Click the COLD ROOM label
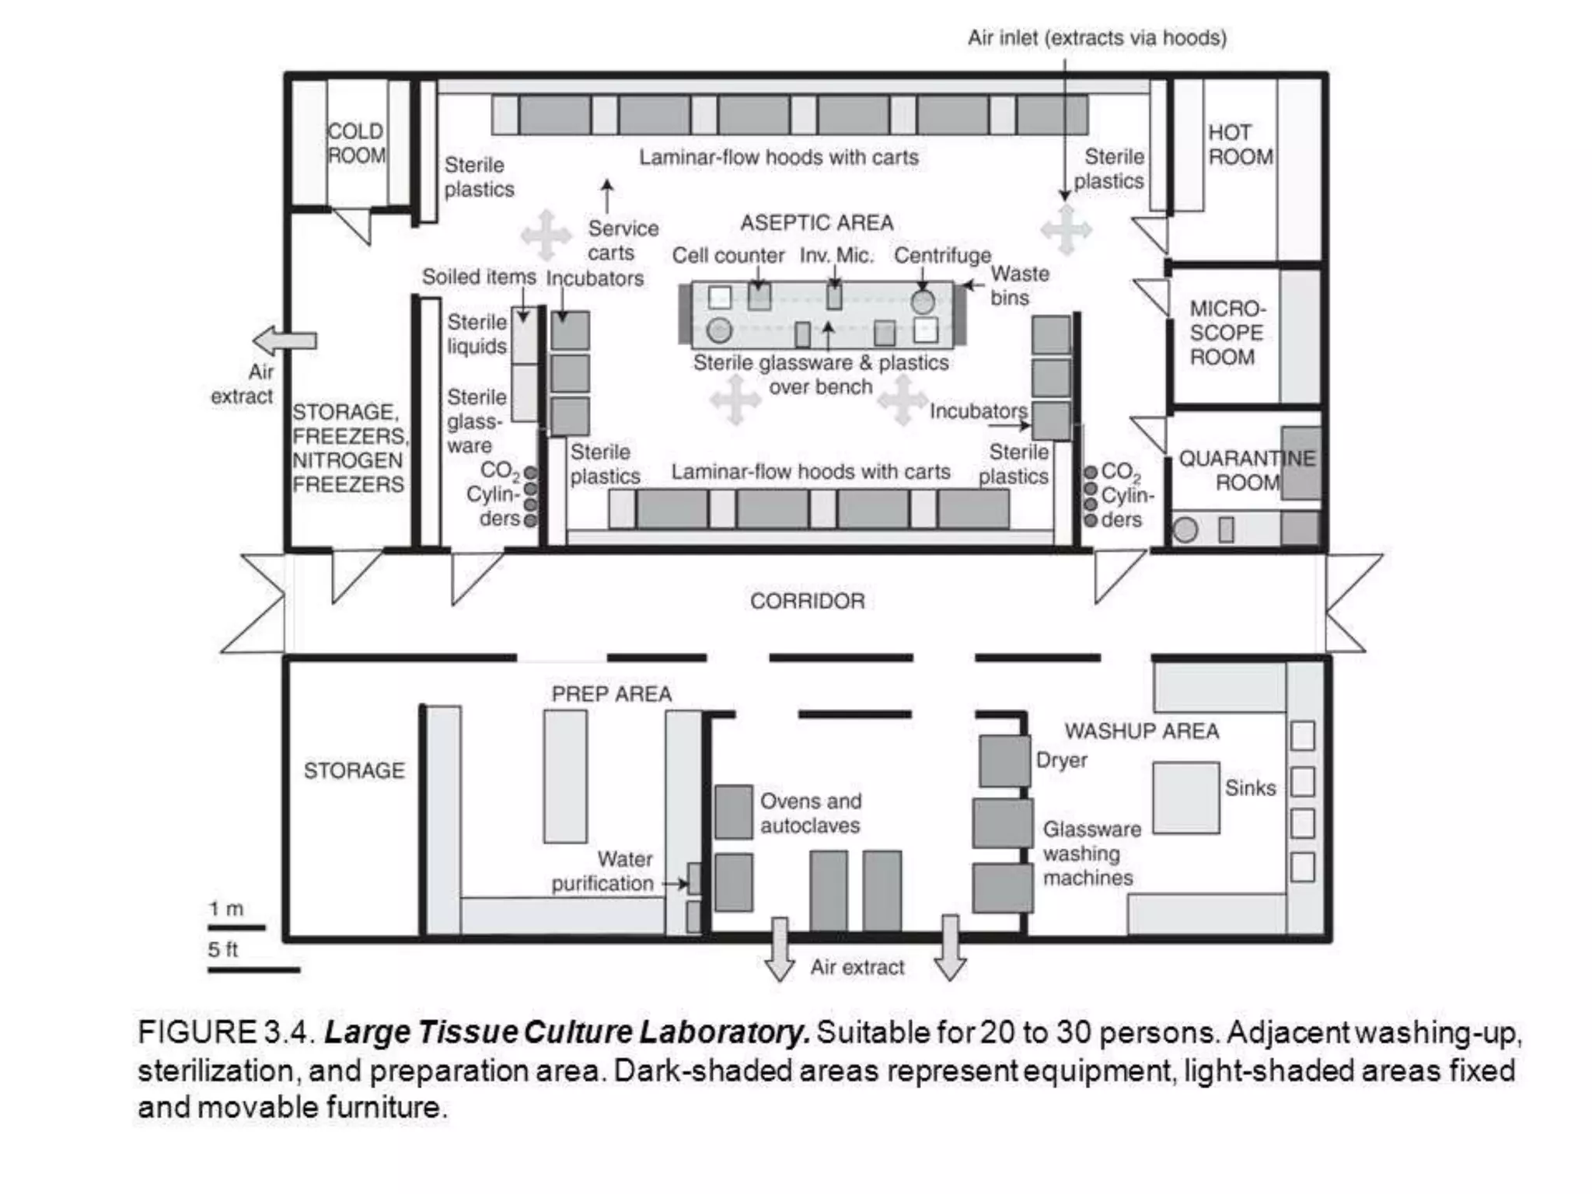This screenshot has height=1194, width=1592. pyautogui.click(x=356, y=144)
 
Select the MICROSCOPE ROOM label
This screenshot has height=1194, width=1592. pyautogui.click(x=1226, y=333)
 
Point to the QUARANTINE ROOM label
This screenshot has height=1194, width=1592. pyautogui.click(x=1246, y=470)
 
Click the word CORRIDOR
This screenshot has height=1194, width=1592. pyautogui.click(x=807, y=601)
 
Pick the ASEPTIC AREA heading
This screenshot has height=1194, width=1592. pyautogui.click(x=816, y=223)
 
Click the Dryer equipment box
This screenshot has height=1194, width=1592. pyautogui.click(x=1004, y=761)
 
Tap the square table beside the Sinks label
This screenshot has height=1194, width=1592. pyautogui.click(x=1185, y=798)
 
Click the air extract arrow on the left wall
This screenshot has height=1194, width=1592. pyautogui.click(x=285, y=340)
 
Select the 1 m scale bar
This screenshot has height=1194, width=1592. pyautogui.click(x=236, y=927)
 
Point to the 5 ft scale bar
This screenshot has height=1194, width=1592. pyautogui.click(x=253, y=969)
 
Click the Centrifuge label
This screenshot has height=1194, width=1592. pyautogui.click(x=941, y=256)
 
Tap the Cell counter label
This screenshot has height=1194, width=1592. pyautogui.click(x=728, y=256)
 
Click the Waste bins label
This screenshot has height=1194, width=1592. pyautogui.click(x=1018, y=285)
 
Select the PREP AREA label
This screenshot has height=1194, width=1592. pyautogui.click(x=611, y=693)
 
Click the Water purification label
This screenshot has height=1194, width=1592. pyautogui.click(x=603, y=871)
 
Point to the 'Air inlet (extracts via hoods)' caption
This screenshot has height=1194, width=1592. pyautogui.click(x=1096, y=38)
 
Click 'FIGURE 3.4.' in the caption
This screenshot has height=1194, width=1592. pyautogui.click(x=226, y=1032)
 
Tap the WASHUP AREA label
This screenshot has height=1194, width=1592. pyautogui.click(x=1141, y=731)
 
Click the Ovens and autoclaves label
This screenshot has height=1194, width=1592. pyautogui.click(x=810, y=813)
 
